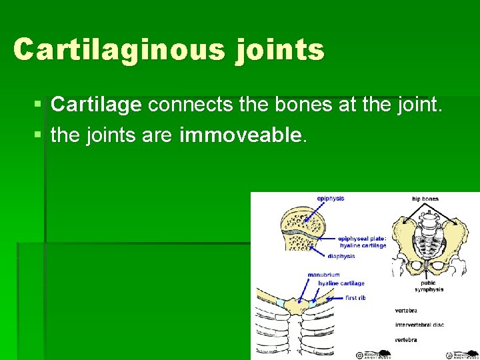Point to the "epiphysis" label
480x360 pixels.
[331, 199]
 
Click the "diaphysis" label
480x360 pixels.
[341, 255]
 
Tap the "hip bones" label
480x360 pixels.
[425, 199]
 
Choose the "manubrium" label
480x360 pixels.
[323, 275]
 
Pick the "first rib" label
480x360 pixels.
[355, 298]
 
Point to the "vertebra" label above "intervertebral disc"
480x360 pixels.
[407, 310]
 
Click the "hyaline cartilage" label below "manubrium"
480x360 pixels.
[341, 283]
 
